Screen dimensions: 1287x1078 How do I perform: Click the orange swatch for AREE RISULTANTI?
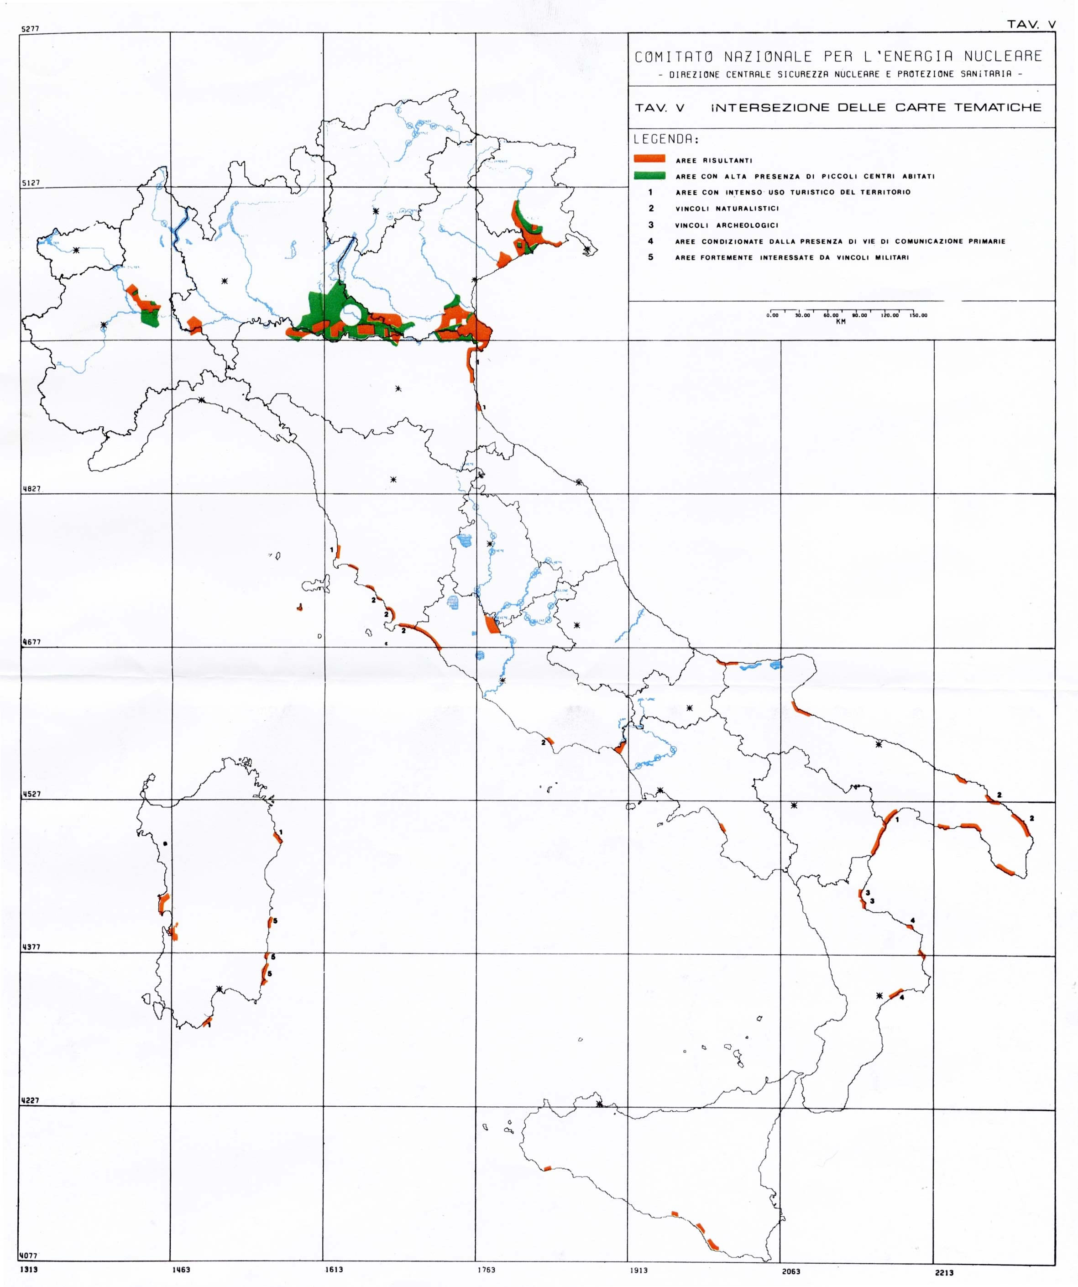pos(649,159)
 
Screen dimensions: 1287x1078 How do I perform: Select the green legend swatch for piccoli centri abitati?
pos(649,176)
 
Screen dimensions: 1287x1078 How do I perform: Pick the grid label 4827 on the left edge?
pos(31,488)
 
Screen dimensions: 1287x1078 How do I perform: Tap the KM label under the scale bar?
pos(840,322)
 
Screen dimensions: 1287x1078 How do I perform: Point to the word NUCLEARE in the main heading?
pos(1003,57)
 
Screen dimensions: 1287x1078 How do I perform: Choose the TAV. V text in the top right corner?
pos(1031,25)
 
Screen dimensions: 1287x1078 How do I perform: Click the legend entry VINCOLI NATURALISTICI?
pos(727,209)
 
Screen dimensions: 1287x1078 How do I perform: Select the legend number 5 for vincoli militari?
pos(651,257)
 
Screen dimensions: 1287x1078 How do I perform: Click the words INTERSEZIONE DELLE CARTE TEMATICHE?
pos(876,108)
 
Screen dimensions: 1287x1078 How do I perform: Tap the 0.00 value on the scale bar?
pos(772,316)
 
